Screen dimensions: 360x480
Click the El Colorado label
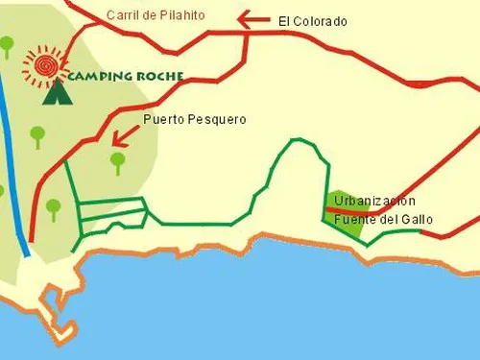pyautogui.click(x=312, y=20)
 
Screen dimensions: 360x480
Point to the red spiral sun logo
pyautogui.click(x=43, y=63)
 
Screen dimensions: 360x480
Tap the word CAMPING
pyautogui.click(x=100, y=77)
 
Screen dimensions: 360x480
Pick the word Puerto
pyautogui.click(x=163, y=120)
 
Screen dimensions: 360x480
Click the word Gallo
pyautogui.click(x=416, y=219)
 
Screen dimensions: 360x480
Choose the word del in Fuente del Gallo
pyautogui.click(x=386, y=219)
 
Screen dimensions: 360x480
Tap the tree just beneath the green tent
pyautogui.click(x=37, y=133)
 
